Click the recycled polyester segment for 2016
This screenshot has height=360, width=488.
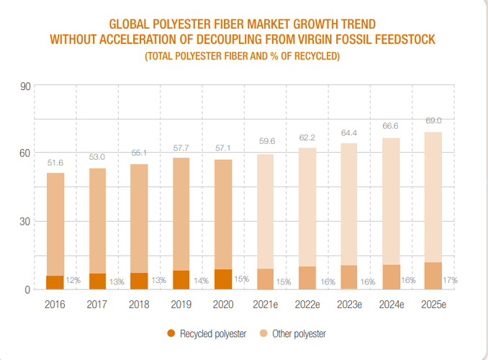click(x=55, y=282)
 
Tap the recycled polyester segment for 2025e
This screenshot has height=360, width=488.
click(x=433, y=276)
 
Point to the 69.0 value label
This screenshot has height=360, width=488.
click(x=433, y=121)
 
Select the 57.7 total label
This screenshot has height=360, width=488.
click(x=181, y=148)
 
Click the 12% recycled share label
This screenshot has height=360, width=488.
click(x=73, y=280)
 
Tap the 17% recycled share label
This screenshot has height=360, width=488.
click(x=451, y=279)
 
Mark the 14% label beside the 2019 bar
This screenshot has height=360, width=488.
click(x=199, y=280)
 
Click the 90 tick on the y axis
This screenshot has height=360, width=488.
click(x=24, y=86)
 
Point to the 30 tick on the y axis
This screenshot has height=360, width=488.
click(x=24, y=222)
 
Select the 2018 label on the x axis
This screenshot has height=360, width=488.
click(x=139, y=305)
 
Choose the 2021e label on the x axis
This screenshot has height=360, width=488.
click(x=266, y=305)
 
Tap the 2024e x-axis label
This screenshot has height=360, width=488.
click(x=392, y=305)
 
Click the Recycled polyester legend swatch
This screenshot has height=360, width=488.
click(x=171, y=333)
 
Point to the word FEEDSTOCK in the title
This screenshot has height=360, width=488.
click(x=398, y=39)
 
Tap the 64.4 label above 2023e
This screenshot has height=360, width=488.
click(x=349, y=133)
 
